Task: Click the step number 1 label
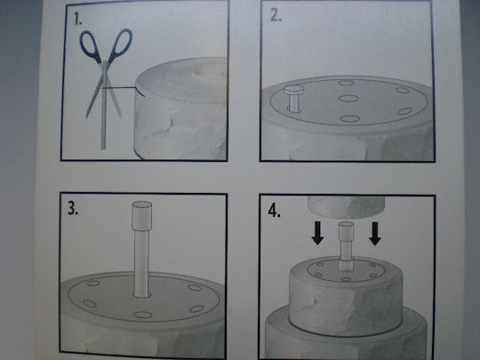pos(78,19)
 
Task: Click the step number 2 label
pos(276,16)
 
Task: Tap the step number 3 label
pos(73,208)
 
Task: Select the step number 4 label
pos(274,211)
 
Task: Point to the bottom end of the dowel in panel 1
pos(103,148)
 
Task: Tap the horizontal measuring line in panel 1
pos(120,88)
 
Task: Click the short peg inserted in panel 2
pos(294,98)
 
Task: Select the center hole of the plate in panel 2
pos(348,99)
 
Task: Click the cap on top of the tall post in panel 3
pos(141,215)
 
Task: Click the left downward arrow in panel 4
pos(317,233)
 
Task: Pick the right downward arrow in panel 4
pos(375,234)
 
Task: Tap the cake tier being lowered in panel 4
pos(346,207)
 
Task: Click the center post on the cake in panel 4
pos(346,246)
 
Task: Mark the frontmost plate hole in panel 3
pos(142,315)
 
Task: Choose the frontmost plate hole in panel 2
pos(349,118)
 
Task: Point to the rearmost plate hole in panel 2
pos(347,83)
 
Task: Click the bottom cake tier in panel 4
pos(346,337)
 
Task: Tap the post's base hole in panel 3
pos(141,295)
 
